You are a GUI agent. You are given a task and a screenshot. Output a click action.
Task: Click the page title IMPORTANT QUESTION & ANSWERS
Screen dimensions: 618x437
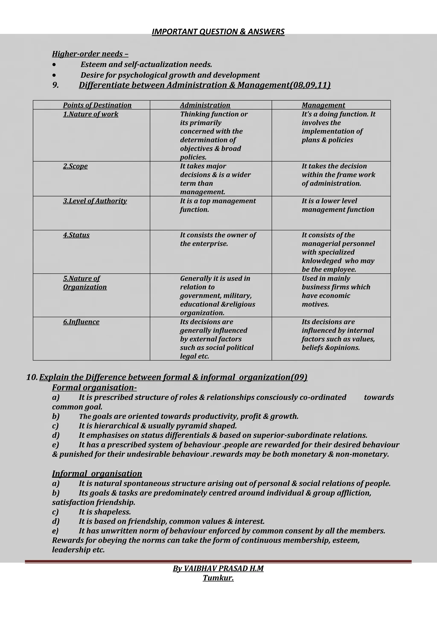coord(218,32)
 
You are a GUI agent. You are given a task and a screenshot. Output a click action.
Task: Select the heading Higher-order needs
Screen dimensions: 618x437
coord(90,54)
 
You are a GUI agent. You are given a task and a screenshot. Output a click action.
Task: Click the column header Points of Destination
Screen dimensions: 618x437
coord(97,105)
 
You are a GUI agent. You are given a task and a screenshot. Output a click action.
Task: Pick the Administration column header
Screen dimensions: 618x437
coord(205,105)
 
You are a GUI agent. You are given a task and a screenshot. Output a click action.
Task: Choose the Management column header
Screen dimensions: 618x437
coord(323,105)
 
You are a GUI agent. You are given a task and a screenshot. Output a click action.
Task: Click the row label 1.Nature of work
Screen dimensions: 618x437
coord(90,114)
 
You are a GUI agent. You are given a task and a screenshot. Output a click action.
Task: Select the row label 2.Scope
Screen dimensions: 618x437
coord(75,166)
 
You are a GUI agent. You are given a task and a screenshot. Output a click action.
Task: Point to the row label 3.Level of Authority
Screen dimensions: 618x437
coord(95,201)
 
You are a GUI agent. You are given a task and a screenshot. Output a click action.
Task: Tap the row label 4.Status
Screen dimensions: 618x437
coord(76,235)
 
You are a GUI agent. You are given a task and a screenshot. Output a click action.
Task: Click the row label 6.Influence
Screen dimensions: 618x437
coord(81,322)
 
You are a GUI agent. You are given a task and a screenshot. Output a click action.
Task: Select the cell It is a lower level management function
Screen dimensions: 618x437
coord(338,205)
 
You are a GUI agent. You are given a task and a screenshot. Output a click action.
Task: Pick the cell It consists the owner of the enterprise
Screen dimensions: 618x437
coord(217,239)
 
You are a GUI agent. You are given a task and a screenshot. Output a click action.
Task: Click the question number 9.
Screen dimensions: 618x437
coord(55,85)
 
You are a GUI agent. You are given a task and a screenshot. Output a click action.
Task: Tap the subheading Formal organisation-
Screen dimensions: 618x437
coord(94,387)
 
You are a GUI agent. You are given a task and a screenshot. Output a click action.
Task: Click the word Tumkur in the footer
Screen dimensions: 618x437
coord(218,578)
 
